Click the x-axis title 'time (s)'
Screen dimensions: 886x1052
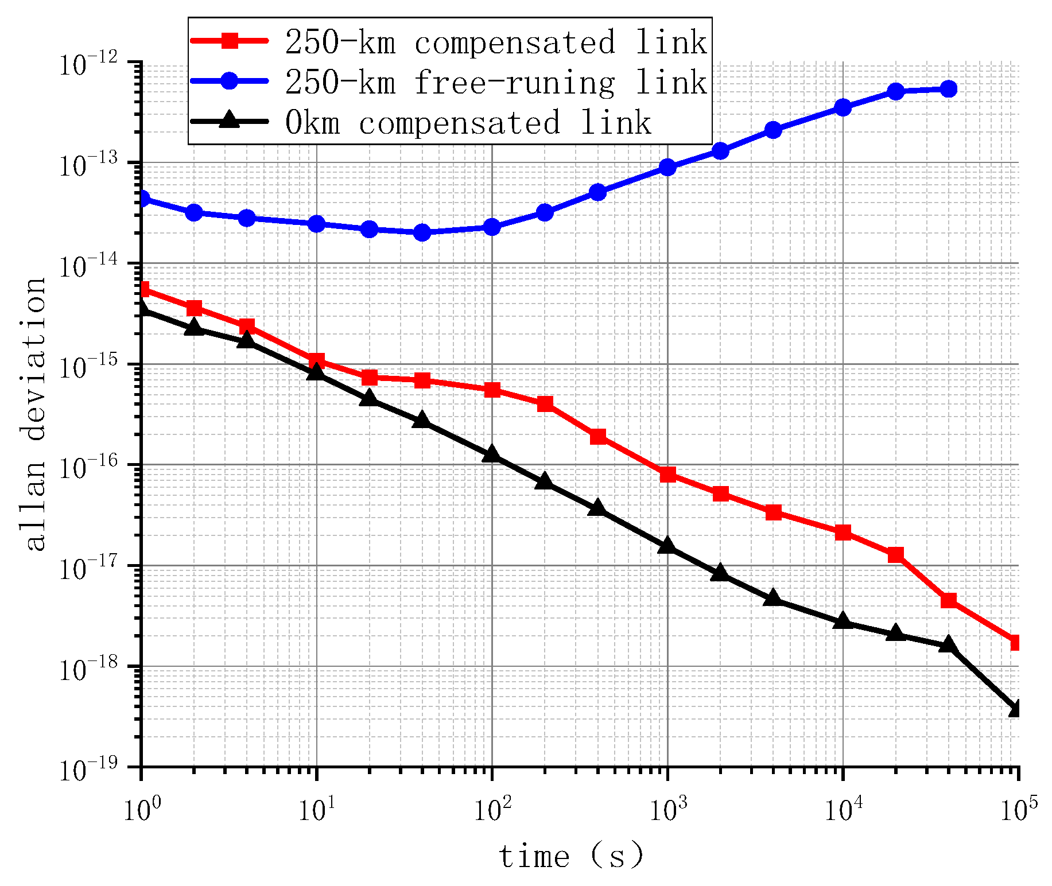(x=571, y=857)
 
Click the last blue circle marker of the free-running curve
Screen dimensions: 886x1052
(x=948, y=89)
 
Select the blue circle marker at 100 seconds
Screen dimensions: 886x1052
(x=492, y=227)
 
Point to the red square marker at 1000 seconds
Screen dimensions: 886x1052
(x=667, y=475)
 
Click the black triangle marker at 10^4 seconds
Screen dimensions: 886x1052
(x=843, y=621)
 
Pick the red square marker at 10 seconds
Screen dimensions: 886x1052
(x=316, y=361)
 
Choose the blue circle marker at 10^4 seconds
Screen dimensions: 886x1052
(x=843, y=107)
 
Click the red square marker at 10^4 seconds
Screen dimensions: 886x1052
(x=843, y=533)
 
